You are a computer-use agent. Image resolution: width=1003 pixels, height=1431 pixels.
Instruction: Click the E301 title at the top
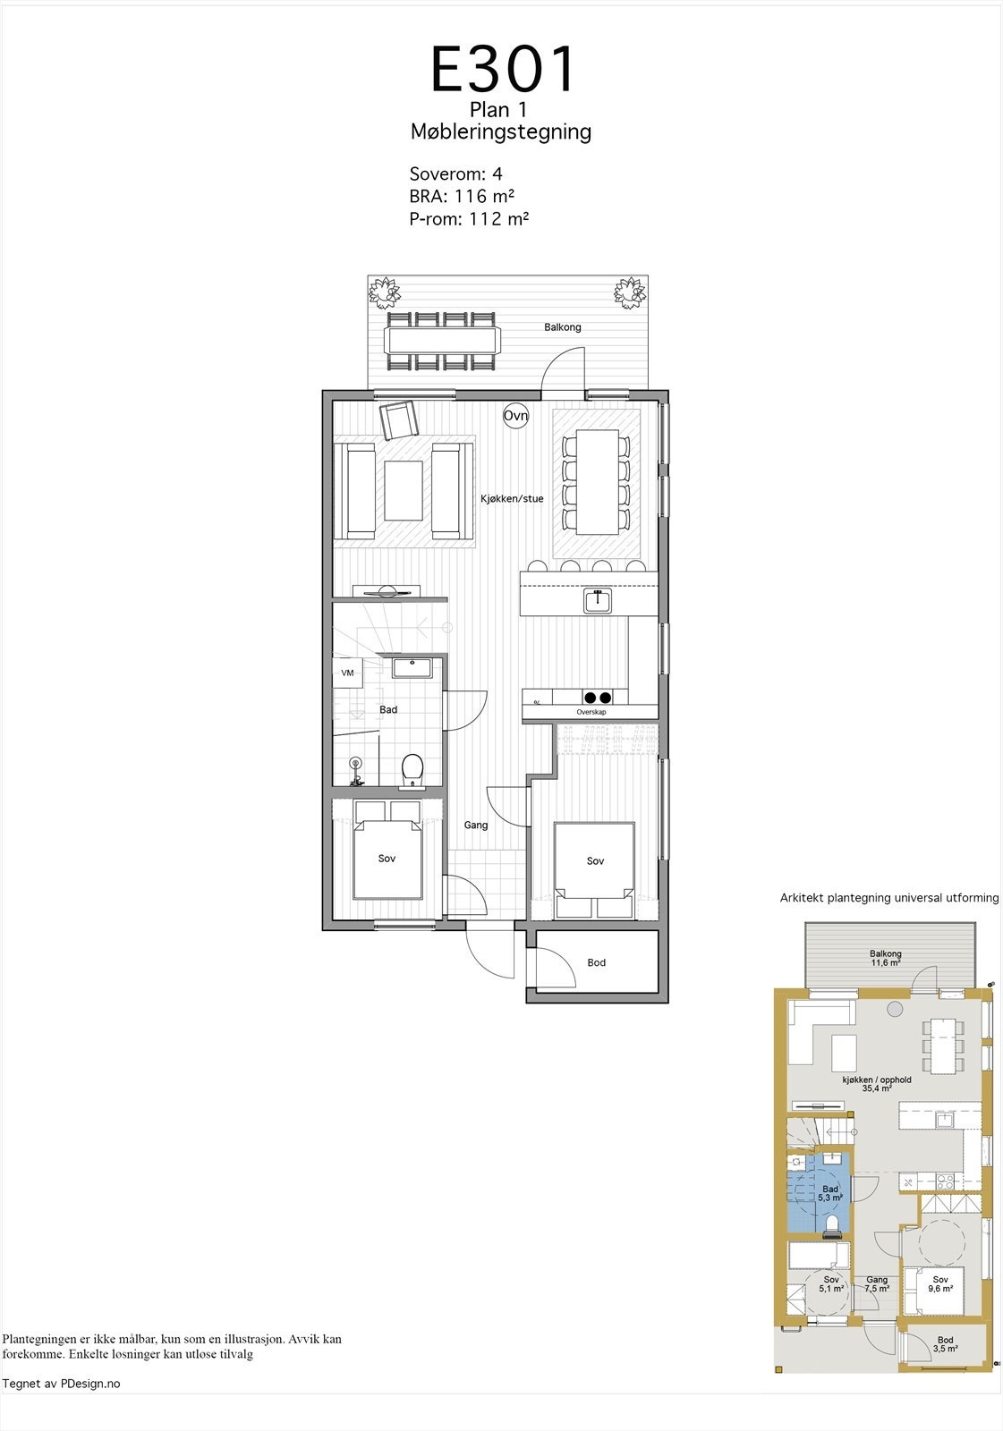pyautogui.click(x=503, y=70)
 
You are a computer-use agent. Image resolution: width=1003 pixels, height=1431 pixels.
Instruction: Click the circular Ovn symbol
pyautogui.click(x=515, y=416)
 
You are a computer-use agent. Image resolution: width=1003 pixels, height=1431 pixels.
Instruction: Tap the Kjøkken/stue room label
pyautogui.click(x=512, y=499)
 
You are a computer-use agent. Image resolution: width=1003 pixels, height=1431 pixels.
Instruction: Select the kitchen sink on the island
pyautogui.click(x=598, y=601)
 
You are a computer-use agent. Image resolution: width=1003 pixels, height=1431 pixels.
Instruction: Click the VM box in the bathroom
pyautogui.click(x=347, y=673)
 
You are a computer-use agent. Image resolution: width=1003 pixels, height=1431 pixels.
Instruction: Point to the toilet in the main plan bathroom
pyautogui.click(x=412, y=769)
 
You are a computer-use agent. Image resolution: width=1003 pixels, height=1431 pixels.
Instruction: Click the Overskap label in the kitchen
pyautogui.click(x=591, y=712)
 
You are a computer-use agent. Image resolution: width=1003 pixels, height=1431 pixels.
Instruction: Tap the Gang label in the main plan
pyautogui.click(x=476, y=825)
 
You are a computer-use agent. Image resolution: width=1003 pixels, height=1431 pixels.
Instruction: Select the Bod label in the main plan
pyautogui.click(x=597, y=962)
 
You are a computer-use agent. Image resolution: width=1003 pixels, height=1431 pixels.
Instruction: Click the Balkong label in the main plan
pyautogui.click(x=563, y=327)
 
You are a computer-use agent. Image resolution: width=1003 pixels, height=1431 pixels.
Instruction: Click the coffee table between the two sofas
pyautogui.click(x=404, y=489)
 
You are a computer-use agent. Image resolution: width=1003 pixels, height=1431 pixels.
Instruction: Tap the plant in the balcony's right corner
pyautogui.click(x=629, y=292)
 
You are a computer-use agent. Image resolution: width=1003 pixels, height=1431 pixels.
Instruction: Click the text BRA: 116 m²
pyautogui.click(x=462, y=196)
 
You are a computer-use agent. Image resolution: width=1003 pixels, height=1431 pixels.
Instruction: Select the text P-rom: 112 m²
pyautogui.click(x=469, y=218)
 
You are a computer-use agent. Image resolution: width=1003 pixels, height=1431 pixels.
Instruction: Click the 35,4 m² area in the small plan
pyautogui.click(x=877, y=1089)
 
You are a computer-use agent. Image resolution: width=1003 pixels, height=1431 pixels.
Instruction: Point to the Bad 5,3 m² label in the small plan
pyautogui.click(x=830, y=1193)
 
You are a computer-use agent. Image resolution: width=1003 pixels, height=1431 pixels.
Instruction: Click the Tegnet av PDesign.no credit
pyautogui.click(x=62, y=1384)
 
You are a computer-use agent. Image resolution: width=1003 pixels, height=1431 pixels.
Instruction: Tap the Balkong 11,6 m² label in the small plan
pyautogui.click(x=886, y=959)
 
